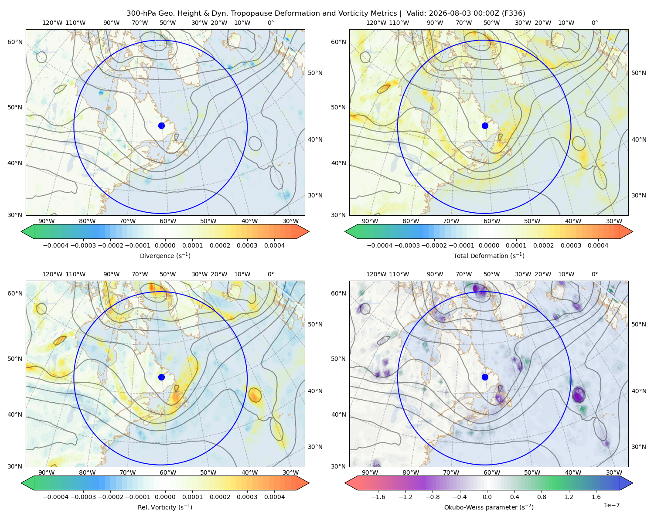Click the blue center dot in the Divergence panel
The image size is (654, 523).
(161, 126)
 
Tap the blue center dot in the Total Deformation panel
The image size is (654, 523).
(485, 126)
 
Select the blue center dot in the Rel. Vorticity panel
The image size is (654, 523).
(161, 377)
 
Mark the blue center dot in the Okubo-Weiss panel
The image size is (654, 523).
(485, 377)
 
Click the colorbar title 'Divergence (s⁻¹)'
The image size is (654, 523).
(165, 256)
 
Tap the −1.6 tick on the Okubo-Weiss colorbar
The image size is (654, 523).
(378, 497)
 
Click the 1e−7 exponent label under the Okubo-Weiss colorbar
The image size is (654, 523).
(611, 505)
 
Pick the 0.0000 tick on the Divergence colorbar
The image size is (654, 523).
(165, 245)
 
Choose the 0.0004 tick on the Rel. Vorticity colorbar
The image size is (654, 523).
(274, 497)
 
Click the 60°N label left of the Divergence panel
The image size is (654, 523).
(15, 42)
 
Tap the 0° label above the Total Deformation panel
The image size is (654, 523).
(594, 23)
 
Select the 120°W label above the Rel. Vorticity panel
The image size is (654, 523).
(52, 274)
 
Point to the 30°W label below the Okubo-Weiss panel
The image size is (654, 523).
(614, 472)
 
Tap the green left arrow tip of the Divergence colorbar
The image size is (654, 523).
(21, 231)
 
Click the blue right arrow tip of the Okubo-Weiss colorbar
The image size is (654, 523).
(633, 483)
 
